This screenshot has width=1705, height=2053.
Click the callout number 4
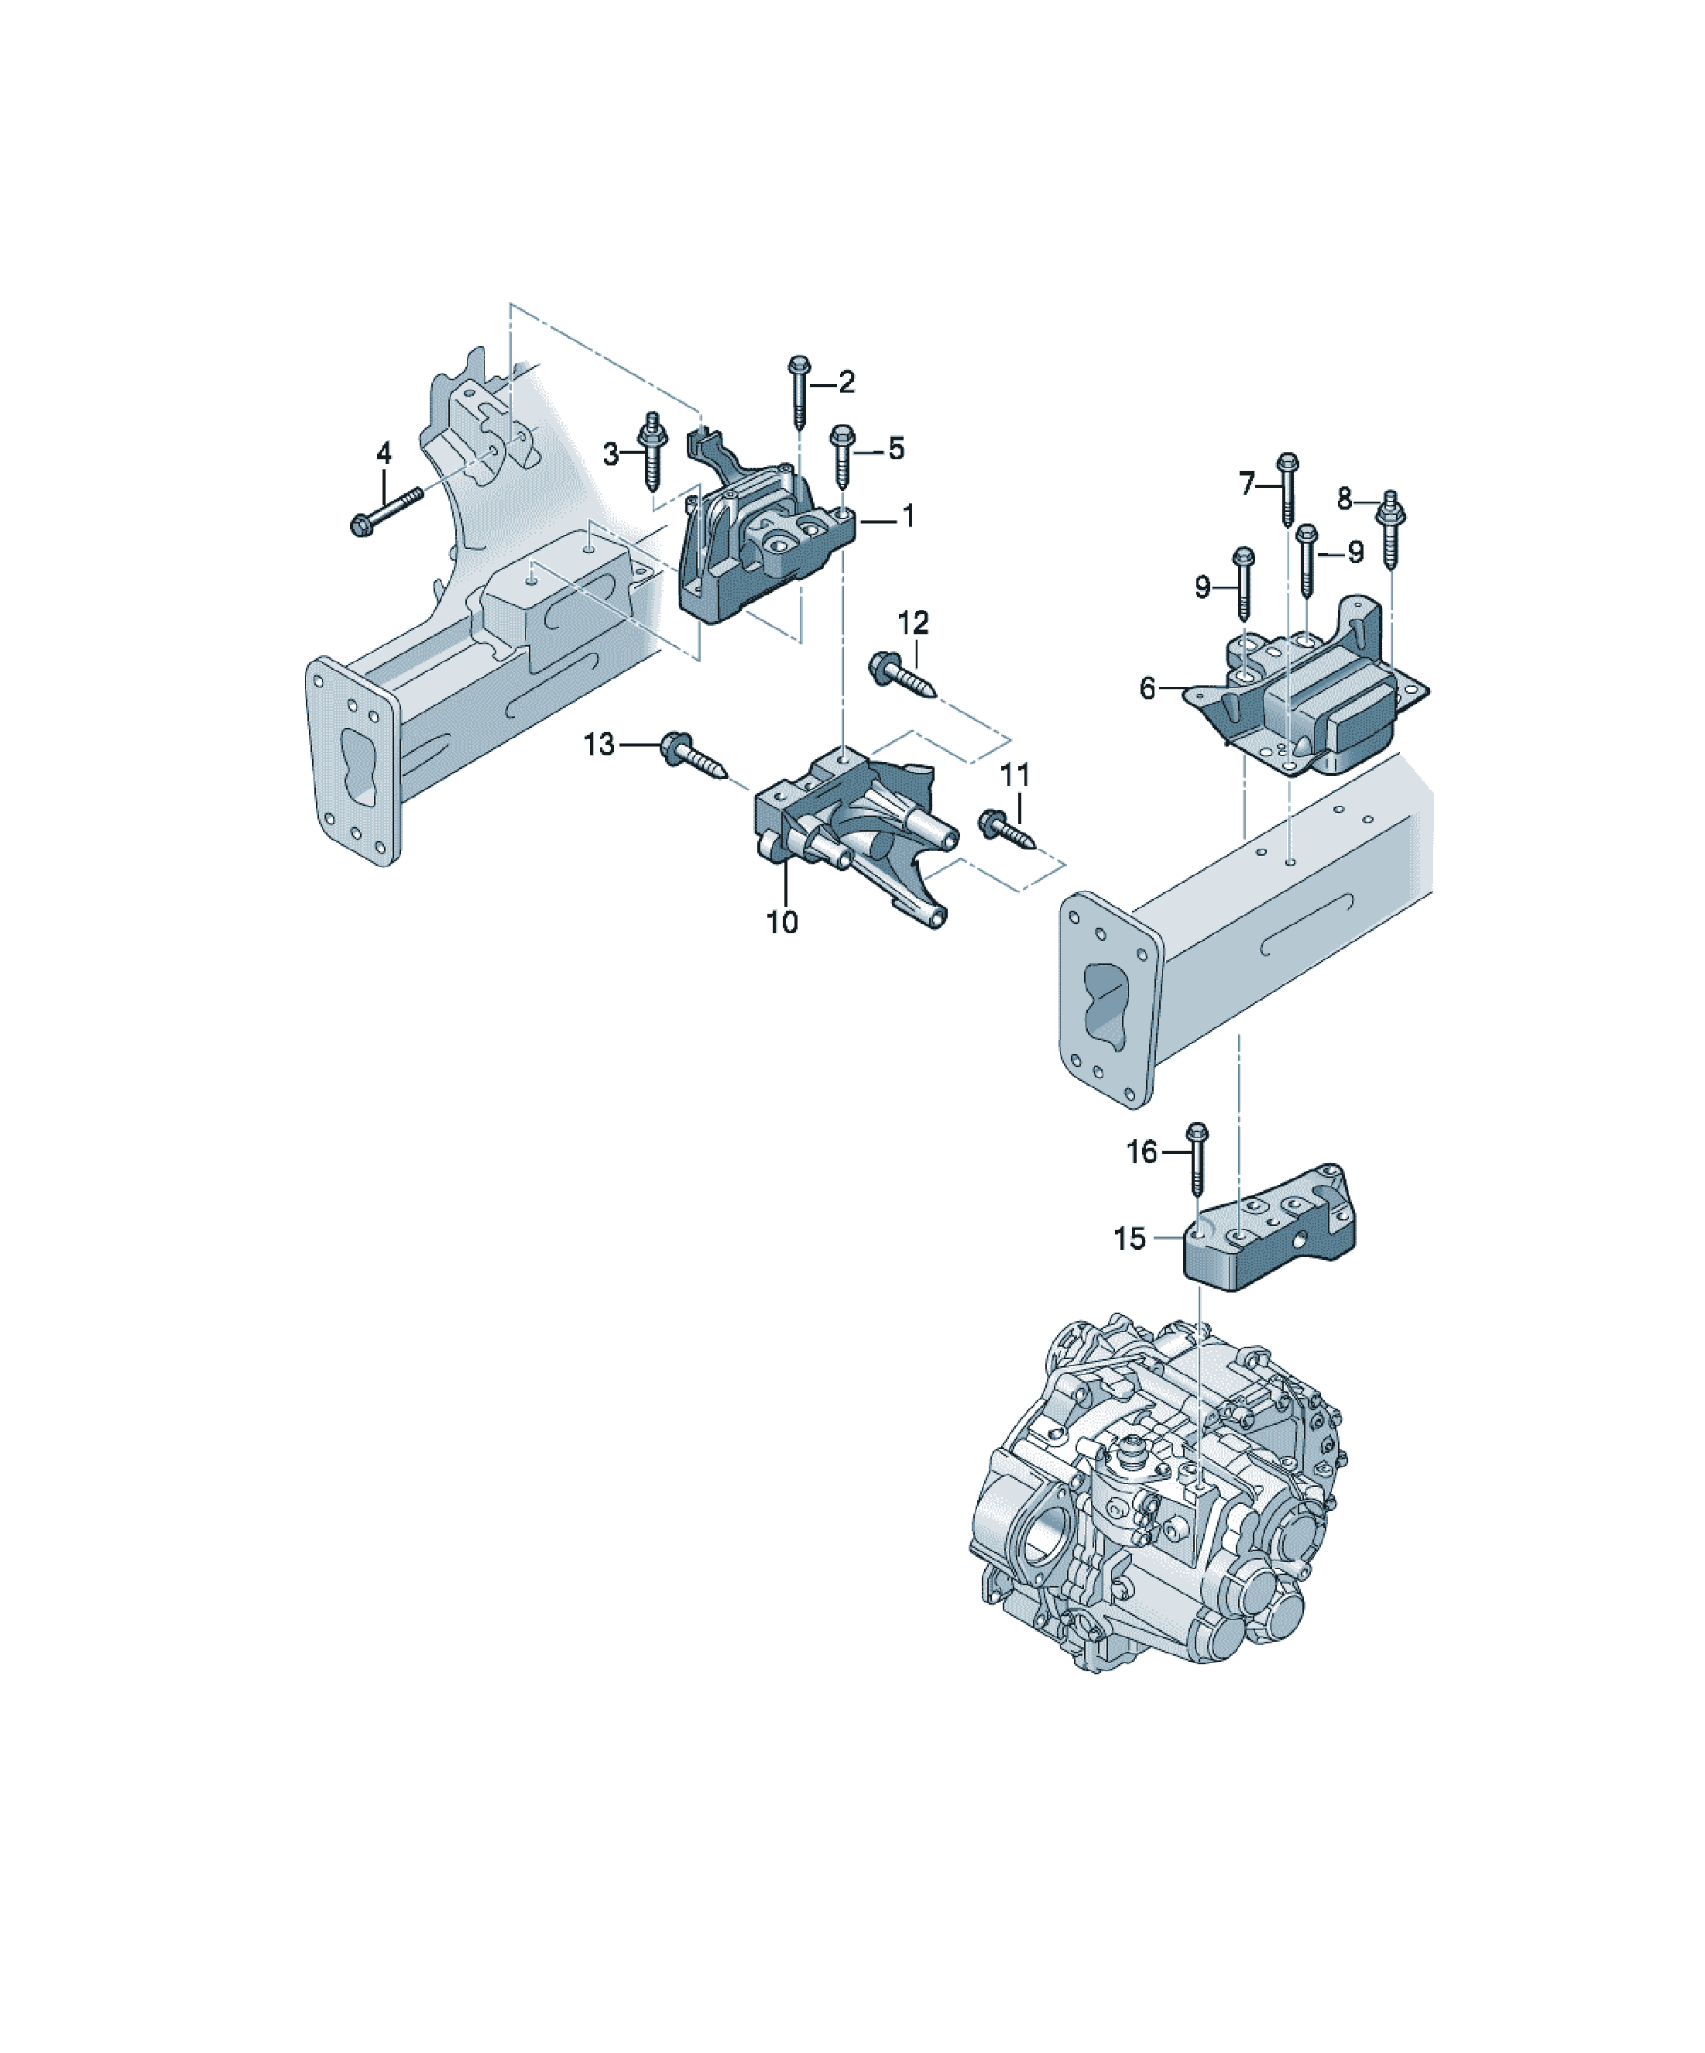click(x=384, y=454)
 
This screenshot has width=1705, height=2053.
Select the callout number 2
click(x=846, y=383)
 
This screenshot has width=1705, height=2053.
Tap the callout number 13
click(x=599, y=745)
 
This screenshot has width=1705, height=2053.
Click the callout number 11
click(x=1015, y=775)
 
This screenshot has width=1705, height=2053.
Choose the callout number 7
click(x=1247, y=484)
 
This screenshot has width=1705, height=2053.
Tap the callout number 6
click(x=1148, y=688)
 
